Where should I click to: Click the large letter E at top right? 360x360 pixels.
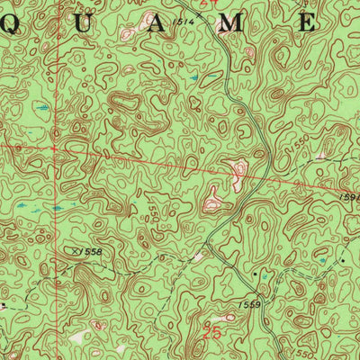[306, 25]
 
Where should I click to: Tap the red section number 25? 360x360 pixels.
[212, 331]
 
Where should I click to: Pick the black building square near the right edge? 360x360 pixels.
[343, 258]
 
